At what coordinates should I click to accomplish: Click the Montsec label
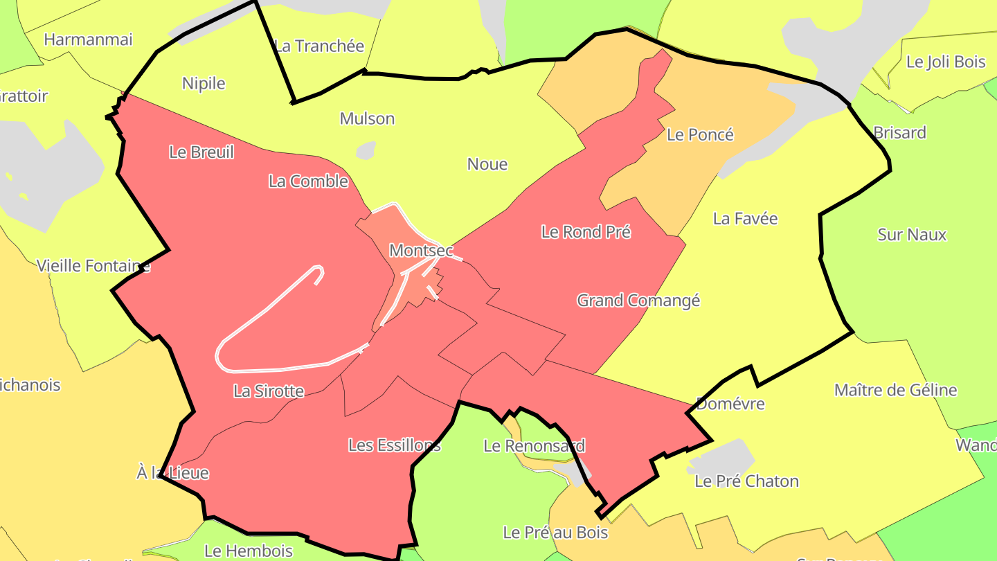coord(421,250)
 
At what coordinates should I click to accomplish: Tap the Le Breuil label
coord(201,152)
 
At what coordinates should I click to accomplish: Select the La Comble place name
coord(308,181)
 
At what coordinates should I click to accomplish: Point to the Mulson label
coord(367,118)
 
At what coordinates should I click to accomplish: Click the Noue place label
coord(487,164)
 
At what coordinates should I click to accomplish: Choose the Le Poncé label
coord(700,134)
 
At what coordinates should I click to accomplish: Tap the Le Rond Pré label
coord(586,231)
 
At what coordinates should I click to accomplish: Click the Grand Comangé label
coord(638,300)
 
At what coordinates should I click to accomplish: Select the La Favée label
coord(745,218)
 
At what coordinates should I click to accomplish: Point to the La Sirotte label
coord(269,391)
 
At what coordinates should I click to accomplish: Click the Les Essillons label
coord(394,445)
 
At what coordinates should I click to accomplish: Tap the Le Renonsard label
coord(534,445)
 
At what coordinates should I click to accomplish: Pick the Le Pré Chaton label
coord(746,481)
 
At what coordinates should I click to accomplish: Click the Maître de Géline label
coord(895,390)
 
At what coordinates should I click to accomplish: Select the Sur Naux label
coord(912,234)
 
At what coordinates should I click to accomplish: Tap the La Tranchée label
coord(319,46)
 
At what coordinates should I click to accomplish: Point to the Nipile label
coord(204,83)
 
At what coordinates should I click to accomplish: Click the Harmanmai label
coord(88,39)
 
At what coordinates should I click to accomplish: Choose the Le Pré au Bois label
coord(555,532)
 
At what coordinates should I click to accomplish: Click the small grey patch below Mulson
coord(366,150)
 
